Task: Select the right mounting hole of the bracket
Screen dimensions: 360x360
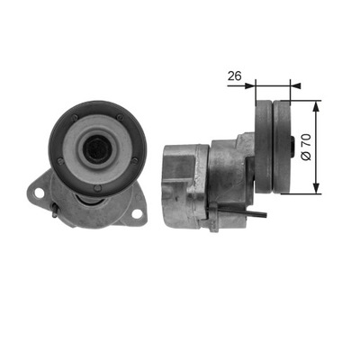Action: pos(138,213)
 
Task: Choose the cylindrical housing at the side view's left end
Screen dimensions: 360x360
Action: pos(177,184)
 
